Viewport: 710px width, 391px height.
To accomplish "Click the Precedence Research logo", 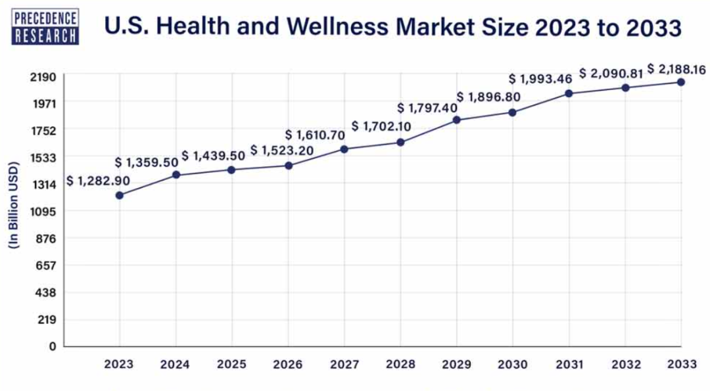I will coord(45,27).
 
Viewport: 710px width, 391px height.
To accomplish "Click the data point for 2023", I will coord(119,195).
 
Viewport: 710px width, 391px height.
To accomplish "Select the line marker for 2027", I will coord(344,149).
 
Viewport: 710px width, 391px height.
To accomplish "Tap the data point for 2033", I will coord(681,82).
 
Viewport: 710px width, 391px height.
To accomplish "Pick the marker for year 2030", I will coord(512,112).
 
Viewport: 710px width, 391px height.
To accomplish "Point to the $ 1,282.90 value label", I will coord(98,181).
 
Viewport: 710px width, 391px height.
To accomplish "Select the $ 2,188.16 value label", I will coord(678,68).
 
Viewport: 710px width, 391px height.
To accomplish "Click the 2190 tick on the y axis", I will coord(43,77).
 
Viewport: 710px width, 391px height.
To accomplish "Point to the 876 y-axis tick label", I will coord(47,239).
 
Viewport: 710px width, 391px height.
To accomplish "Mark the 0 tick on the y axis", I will coord(52,346).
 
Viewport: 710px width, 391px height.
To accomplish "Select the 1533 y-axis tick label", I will coord(43,158).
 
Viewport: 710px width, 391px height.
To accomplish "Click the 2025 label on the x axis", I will coord(231,364).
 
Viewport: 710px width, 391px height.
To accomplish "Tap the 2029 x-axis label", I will coord(456,364).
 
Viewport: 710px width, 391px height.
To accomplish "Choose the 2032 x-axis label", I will coord(625,364).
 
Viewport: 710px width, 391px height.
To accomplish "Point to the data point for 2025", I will coord(231,170).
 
